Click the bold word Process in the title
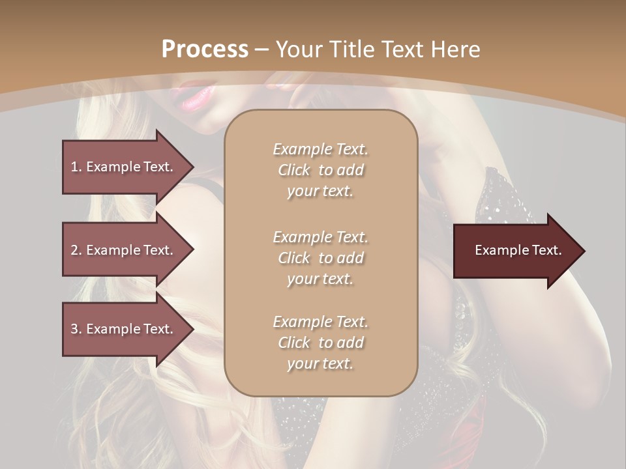(x=205, y=50)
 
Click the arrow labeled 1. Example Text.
(x=124, y=167)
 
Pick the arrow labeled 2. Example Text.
(x=124, y=250)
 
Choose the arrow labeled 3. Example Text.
(x=124, y=329)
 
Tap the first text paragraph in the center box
(x=320, y=170)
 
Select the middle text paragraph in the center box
(x=320, y=258)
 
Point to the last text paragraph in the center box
(x=320, y=343)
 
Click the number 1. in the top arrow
(x=76, y=167)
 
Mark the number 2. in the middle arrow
(x=76, y=250)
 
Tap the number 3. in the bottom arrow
(x=76, y=329)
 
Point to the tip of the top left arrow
(x=192, y=167)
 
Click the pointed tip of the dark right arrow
(x=584, y=251)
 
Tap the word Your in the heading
(x=299, y=50)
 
